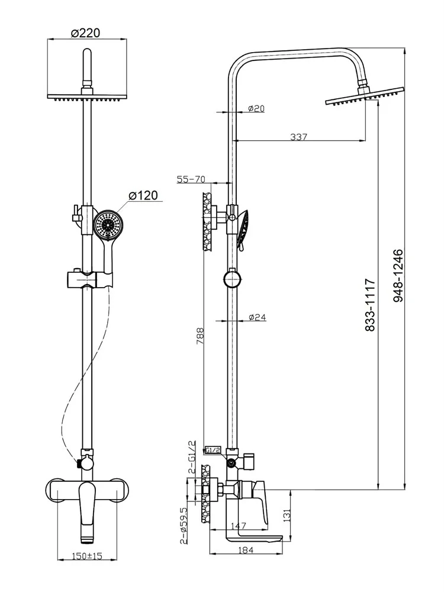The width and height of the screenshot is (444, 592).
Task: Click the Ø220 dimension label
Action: tap(86, 34)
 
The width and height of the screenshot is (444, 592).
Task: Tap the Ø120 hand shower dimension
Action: tap(143, 195)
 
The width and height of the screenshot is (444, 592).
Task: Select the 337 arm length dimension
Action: tap(299, 137)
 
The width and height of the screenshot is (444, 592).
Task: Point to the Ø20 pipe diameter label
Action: tap(256, 108)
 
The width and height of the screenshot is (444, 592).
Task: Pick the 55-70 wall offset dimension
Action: tap(191, 179)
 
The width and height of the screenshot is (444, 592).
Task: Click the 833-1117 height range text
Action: tap(370, 305)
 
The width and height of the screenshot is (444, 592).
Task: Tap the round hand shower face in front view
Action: tap(108, 224)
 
